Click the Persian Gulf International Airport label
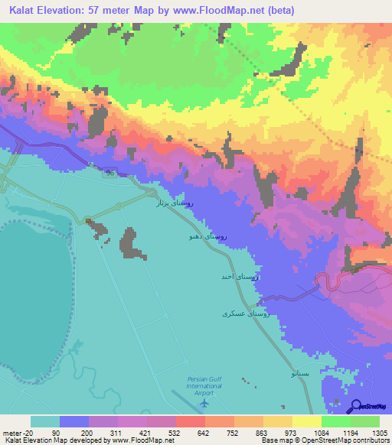204,386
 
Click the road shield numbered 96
110,175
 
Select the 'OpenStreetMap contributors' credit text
351,440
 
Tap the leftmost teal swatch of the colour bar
44,421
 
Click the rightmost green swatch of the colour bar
365,421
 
